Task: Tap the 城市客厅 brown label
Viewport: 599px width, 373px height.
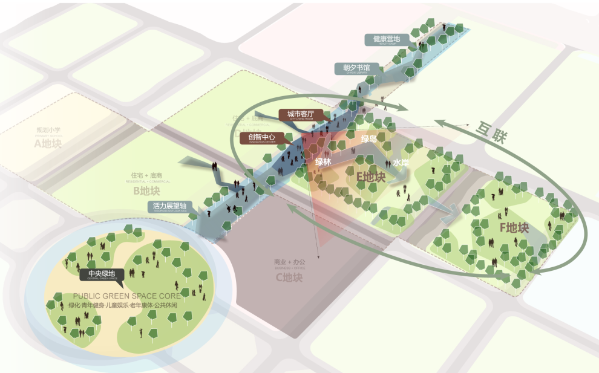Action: tap(301, 114)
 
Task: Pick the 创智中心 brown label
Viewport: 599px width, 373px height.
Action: tap(261, 137)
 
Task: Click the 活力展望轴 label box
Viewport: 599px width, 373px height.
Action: tap(169, 206)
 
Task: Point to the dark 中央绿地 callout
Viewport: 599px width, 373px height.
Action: tap(102, 274)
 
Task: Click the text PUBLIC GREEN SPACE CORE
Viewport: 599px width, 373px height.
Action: tap(126, 296)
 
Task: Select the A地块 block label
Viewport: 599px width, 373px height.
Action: tap(48, 144)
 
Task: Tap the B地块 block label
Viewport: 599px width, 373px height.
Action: tap(146, 192)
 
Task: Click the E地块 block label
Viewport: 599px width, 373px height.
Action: tap(371, 177)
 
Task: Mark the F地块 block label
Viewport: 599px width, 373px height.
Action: tap(514, 228)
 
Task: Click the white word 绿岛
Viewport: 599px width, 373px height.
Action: tap(369, 139)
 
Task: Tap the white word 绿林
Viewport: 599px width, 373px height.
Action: tap(323, 161)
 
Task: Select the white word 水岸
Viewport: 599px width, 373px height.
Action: tap(401, 163)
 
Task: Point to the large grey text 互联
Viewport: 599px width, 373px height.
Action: tap(492, 132)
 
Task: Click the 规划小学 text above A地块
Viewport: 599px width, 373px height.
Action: tap(48, 130)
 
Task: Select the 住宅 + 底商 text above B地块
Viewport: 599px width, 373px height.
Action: tap(146, 175)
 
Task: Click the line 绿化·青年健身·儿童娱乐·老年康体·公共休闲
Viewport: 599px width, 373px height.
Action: tap(123, 305)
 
